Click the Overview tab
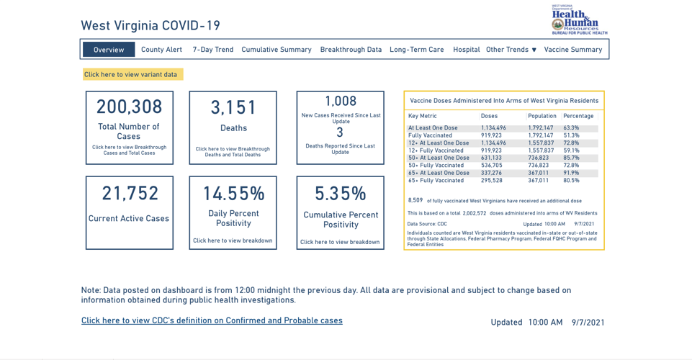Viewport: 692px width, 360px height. [109, 50]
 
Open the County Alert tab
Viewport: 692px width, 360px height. [161, 50]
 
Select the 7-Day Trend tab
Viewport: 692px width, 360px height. [212, 50]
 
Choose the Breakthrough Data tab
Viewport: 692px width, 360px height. [351, 50]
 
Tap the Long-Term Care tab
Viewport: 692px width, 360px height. [416, 50]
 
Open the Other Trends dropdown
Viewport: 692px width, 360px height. [511, 50]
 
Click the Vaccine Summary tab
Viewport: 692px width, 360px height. [572, 50]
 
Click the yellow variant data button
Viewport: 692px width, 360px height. [132, 74]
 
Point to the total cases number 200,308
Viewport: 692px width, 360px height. [130, 107]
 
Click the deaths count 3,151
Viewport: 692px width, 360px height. [233, 108]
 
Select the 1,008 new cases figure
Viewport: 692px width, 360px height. [340, 102]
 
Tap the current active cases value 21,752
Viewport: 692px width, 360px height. [130, 194]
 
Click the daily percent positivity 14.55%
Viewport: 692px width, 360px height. [233, 194]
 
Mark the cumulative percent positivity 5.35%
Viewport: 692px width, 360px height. [340, 194]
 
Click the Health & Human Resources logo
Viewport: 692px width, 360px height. [579, 19]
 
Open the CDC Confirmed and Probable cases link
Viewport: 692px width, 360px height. [212, 320]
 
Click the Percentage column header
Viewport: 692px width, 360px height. [578, 116]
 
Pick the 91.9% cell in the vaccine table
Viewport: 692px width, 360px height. [570, 173]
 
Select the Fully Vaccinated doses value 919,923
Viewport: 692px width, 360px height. [492, 135]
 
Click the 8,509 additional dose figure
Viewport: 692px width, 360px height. [415, 200]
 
